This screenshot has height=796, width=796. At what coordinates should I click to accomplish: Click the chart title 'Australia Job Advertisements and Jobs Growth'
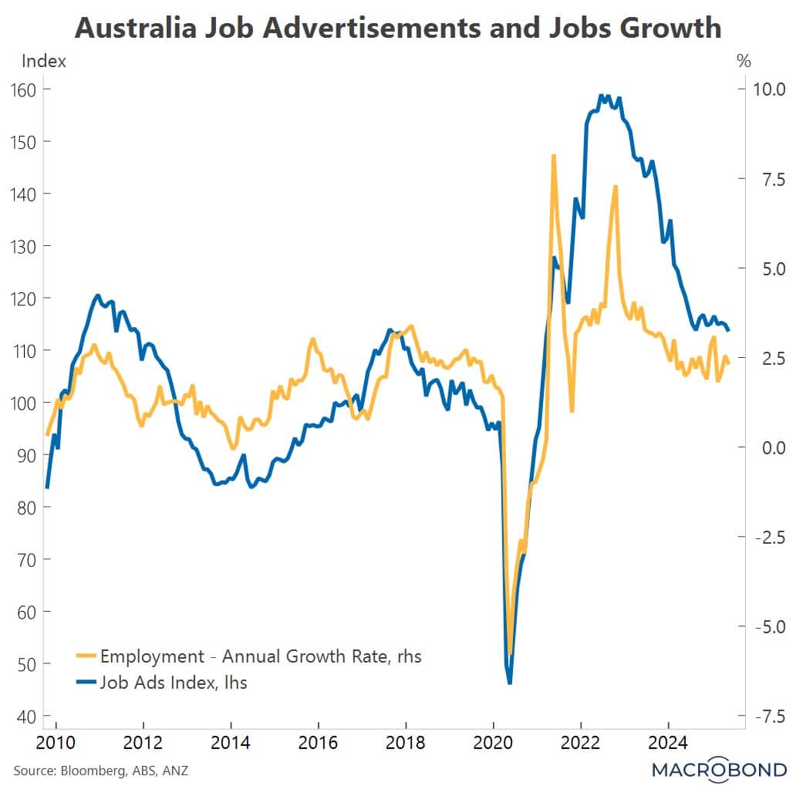[398, 29]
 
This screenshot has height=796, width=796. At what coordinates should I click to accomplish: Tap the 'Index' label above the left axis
[44, 62]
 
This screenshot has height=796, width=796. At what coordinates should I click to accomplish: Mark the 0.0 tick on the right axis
[764, 447]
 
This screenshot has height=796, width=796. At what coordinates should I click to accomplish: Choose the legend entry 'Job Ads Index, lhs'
[174, 682]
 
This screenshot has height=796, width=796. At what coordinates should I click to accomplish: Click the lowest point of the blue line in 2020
[510, 683]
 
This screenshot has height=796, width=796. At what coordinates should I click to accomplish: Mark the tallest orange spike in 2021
[553, 156]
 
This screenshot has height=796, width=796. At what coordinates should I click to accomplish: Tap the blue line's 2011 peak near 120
[97, 295]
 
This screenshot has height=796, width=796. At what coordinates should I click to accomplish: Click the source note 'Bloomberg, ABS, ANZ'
[100, 770]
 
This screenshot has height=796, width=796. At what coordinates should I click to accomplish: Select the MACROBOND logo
[719, 770]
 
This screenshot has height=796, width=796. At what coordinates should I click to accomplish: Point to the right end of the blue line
[728, 330]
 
